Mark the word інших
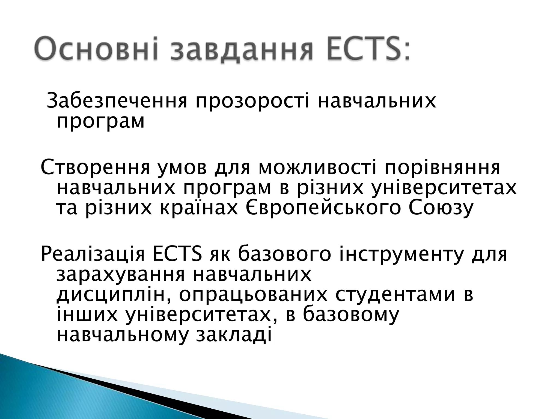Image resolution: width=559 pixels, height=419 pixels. [88, 315]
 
